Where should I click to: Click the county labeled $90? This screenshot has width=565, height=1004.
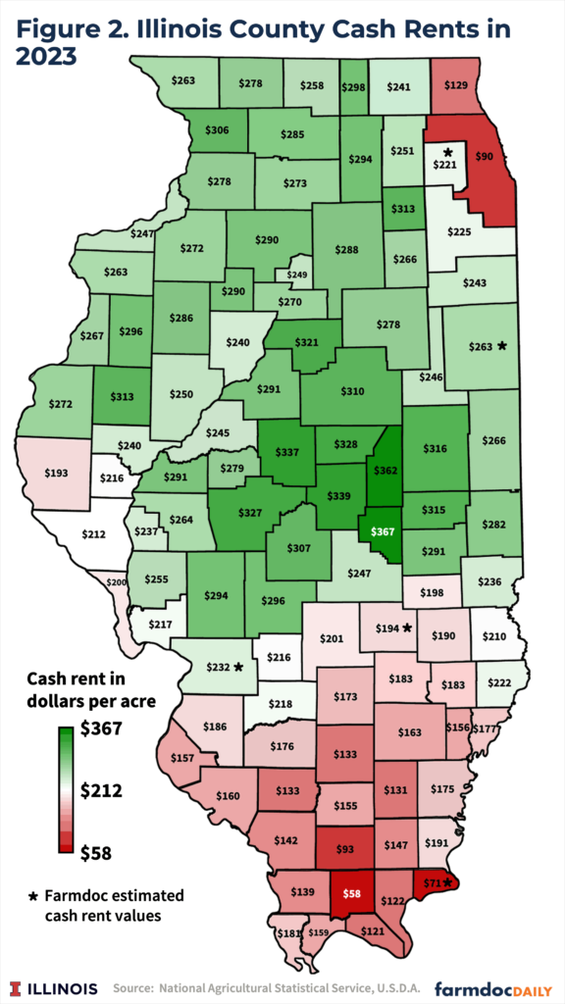485,156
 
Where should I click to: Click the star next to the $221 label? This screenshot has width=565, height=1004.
447,152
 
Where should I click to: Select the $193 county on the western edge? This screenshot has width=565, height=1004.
57,473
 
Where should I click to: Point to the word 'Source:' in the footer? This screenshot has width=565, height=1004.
134,987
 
